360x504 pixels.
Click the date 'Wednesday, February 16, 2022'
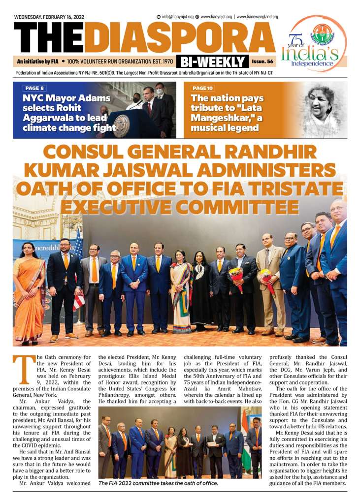tap(49, 17)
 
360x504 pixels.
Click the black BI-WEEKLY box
tap(213, 62)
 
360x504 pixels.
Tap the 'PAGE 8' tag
tap(33, 88)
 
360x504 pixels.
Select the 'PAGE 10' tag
tap(203, 88)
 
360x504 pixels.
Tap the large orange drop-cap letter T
tap(22, 370)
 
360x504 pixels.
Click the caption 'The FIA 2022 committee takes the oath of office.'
tap(158, 483)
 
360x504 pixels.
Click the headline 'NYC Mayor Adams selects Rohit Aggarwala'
tap(69, 113)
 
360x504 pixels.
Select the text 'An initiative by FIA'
tap(37, 62)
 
